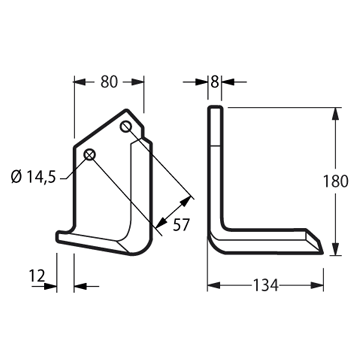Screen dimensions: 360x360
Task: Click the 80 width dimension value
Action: (109, 82)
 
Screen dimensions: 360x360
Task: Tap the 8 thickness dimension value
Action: (215, 82)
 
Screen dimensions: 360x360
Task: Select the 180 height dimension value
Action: (335, 181)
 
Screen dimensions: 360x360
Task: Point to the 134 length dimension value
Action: (265, 285)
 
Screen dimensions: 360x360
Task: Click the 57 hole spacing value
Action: (181, 225)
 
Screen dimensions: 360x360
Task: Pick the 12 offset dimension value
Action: (37, 276)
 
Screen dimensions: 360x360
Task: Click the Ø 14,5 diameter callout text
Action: (33, 177)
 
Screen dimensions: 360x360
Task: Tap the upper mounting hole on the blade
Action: (126, 127)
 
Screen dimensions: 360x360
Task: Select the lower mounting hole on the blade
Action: (90, 155)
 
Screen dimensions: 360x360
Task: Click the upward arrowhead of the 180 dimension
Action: (335, 114)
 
